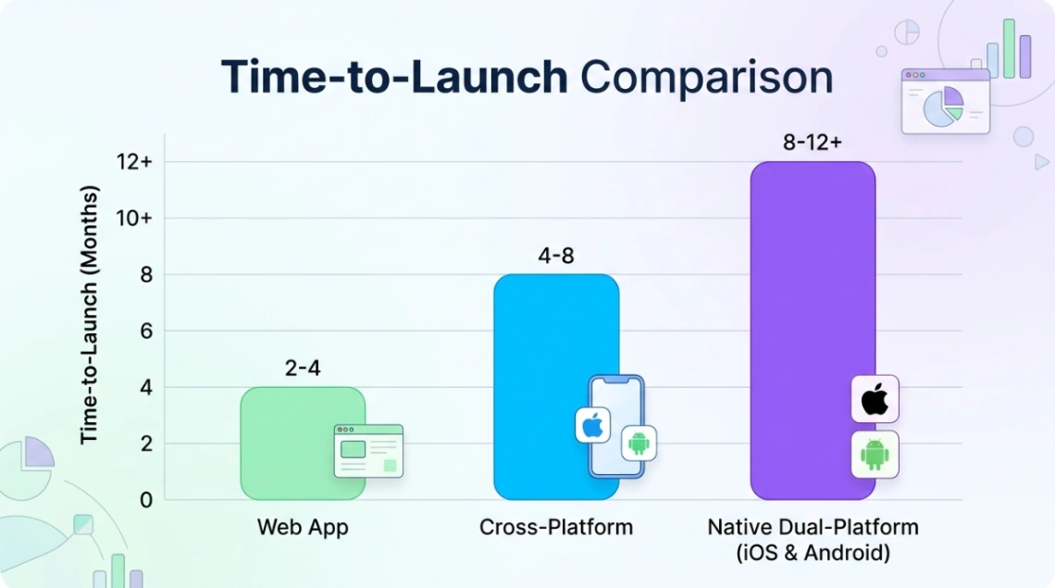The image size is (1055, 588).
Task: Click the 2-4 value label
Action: point(303,368)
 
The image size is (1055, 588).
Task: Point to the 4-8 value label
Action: point(555,256)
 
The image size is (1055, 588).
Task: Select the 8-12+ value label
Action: point(812,144)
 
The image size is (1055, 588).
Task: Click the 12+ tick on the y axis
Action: point(134,162)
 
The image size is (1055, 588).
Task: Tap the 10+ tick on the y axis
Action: point(134,219)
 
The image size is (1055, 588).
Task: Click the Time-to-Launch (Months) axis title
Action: point(89,315)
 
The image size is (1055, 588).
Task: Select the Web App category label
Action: point(303,528)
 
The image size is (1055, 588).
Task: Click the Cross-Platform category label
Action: point(556,528)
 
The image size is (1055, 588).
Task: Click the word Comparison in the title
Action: point(707,78)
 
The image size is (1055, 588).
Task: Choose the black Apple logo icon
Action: point(875,399)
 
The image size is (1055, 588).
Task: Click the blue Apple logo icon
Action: point(592,425)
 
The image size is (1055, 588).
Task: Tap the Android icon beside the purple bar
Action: point(875,455)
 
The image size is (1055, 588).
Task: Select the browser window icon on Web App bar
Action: point(368,451)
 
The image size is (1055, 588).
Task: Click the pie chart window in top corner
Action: point(945,101)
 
